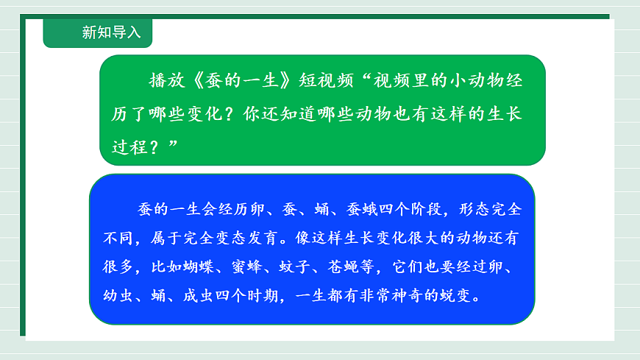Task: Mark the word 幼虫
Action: pos(118,298)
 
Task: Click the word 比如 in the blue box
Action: pos(150,269)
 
